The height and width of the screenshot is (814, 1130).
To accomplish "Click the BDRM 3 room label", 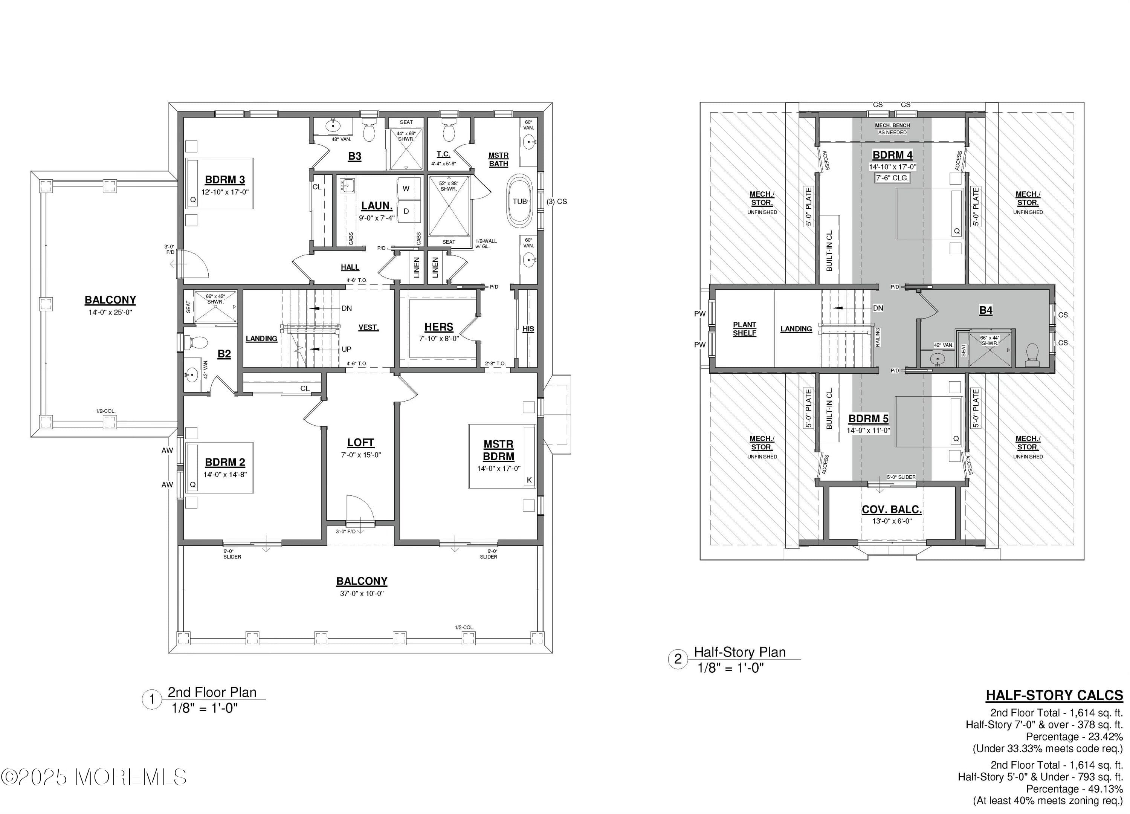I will tap(225, 180).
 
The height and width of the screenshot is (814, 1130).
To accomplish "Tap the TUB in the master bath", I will tap(520, 201).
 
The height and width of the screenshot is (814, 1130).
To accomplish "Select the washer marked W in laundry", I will tap(406, 188).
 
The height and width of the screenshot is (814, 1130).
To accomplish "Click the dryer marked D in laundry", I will tap(406, 211).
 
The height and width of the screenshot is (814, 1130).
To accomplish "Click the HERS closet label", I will tap(438, 327).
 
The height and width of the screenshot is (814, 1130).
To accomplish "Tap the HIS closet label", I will tap(528, 329).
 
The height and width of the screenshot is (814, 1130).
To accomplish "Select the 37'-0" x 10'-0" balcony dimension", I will tap(362, 593).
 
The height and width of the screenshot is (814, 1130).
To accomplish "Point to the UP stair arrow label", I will tap(346, 349).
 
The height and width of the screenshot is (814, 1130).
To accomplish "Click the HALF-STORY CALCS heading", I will tap(1054, 695).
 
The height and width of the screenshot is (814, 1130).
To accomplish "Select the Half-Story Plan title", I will tap(739, 652).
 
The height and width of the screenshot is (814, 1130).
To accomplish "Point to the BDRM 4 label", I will tap(892, 155).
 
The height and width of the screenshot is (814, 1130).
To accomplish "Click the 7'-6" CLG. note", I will tap(892, 178).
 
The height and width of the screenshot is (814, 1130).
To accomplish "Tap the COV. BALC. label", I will tap(891, 510).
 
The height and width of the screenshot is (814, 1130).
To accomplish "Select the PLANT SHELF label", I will tap(744, 329).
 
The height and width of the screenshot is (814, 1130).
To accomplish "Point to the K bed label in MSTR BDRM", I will tap(529, 480).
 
